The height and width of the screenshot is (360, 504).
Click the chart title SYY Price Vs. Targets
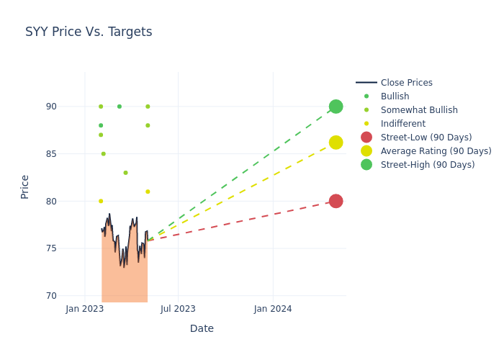(x=89, y=32)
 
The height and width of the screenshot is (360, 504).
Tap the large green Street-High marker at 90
(x=336, y=107)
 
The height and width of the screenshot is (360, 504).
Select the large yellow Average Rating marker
(x=336, y=143)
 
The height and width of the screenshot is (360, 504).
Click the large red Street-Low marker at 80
(x=336, y=201)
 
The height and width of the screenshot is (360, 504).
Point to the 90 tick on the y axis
(x=71, y=107)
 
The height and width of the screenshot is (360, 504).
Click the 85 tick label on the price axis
(x=71, y=154)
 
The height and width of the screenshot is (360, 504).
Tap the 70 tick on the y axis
(x=71, y=296)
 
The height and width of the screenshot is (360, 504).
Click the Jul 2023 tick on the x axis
(x=178, y=309)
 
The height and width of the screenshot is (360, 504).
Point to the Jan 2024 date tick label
(x=273, y=309)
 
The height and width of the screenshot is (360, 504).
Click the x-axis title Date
(x=202, y=328)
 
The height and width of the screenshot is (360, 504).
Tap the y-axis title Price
(x=25, y=186)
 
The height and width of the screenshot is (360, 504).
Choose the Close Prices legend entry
(x=406, y=83)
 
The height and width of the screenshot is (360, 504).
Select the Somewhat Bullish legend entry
(x=418, y=110)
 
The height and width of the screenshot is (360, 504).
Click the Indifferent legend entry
(x=402, y=124)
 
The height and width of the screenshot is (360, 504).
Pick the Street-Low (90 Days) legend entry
(x=426, y=138)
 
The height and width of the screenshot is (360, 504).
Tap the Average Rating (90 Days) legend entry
(x=436, y=151)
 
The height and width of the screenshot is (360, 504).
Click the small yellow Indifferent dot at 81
(x=148, y=192)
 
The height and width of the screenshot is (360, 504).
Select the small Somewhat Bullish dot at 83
(x=125, y=173)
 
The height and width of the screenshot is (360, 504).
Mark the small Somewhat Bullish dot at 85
(x=103, y=154)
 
